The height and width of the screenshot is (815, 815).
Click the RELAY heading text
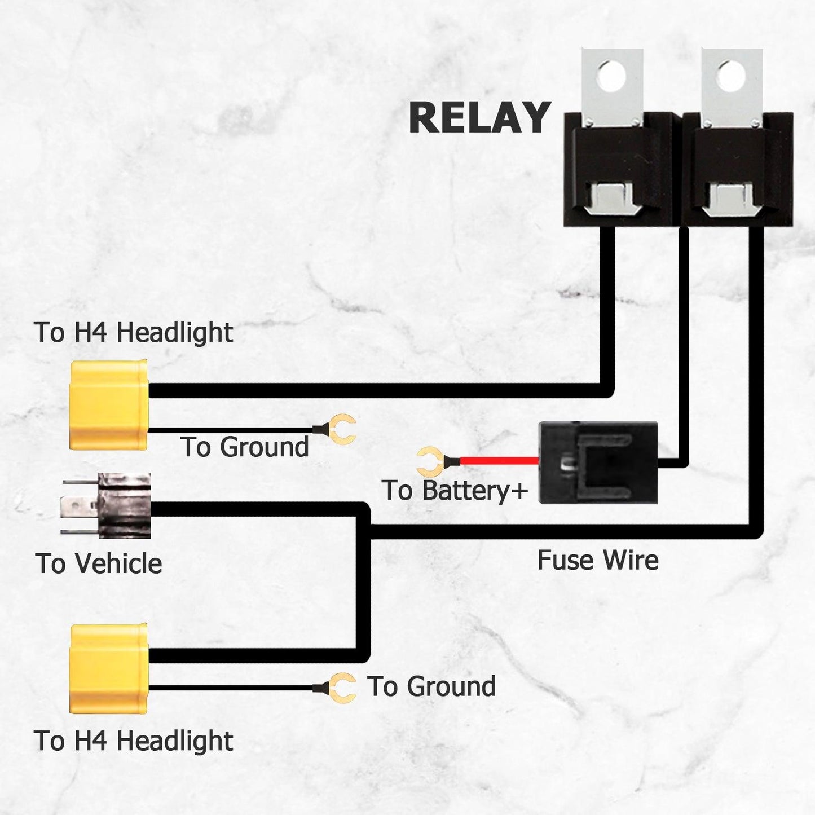click(x=479, y=117)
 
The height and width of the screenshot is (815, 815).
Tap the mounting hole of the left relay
click(x=611, y=74)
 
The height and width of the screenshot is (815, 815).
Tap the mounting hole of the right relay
click(x=731, y=74)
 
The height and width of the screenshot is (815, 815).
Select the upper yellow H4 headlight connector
click(x=108, y=405)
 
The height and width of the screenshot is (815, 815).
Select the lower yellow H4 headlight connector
click(x=108, y=668)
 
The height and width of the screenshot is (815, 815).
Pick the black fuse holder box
click(x=598, y=462)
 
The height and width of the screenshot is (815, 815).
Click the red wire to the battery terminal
click(x=499, y=461)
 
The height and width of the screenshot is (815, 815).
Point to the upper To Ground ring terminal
click(x=342, y=429)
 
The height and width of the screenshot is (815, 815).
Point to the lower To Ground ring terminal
click(x=342, y=688)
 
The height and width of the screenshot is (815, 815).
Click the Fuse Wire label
click(x=598, y=560)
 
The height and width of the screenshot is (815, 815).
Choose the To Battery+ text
click(x=455, y=490)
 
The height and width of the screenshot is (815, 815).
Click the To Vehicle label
click(x=99, y=563)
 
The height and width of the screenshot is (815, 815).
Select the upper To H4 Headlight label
click(x=133, y=332)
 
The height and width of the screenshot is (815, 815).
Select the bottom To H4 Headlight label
click(x=133, y=741)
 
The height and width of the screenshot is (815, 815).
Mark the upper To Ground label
click(x=245, y=447)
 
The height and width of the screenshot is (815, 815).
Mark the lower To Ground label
click(x=431, y=686)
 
